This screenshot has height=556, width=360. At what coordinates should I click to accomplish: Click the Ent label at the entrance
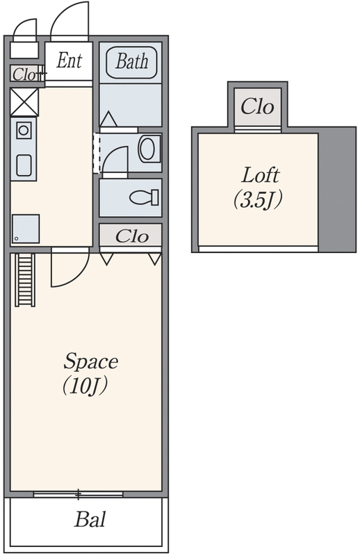click(x=69, y=60)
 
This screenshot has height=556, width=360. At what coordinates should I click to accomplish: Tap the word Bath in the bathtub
click(x=131, y=61)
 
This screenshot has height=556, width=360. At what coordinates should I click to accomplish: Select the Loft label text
click(x=261, y=175)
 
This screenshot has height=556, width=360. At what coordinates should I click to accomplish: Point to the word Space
click(x=91, y=361)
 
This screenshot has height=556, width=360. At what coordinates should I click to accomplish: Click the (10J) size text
click(x=85, y=386)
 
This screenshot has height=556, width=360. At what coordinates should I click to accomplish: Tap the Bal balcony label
click(x=90, y=519)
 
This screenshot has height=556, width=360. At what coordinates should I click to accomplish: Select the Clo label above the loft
click(x=258, y=106)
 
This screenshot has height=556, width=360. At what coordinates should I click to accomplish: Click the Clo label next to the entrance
click(x=24, y=74)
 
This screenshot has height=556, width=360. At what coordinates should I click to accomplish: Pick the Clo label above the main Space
click(x=131, y=236)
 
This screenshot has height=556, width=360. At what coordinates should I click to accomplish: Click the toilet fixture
click(x=144, y=197)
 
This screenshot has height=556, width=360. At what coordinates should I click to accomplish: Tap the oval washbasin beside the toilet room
click(x=147, y=149)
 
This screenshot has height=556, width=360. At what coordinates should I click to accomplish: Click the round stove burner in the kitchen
click(x=24, y=130)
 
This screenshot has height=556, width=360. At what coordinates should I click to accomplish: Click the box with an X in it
click(x=24, y=102)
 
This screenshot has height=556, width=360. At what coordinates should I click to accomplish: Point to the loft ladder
click(x=25, y=280)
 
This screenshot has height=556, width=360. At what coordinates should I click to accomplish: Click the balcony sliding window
click(x=78, y=494)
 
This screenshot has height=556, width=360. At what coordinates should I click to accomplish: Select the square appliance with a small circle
click(x=26, y=229)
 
